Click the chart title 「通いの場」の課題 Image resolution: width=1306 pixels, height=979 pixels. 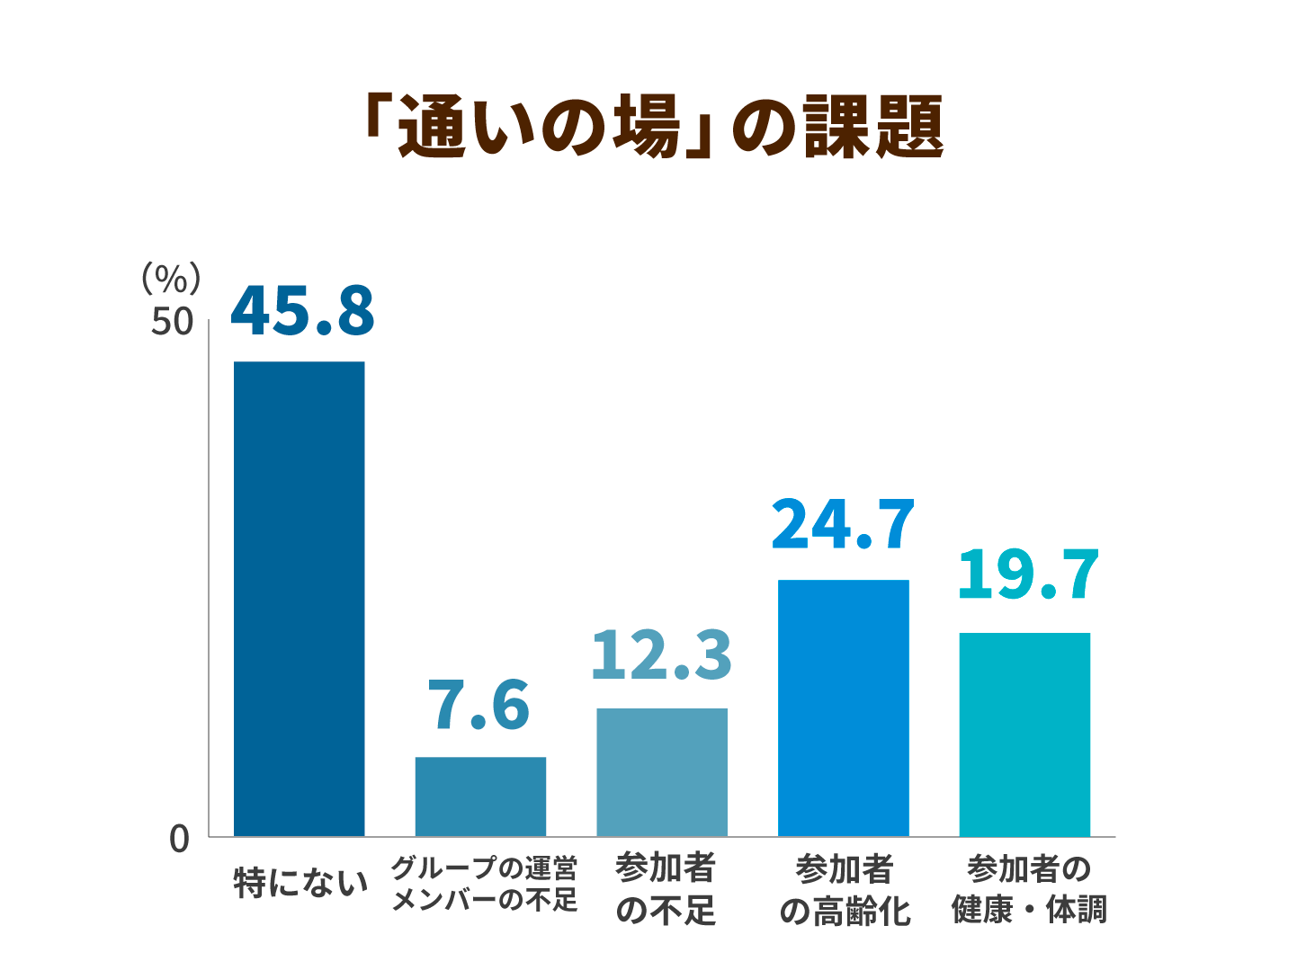[x=652, y=127]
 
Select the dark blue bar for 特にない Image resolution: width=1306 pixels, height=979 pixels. [x=299, y=599]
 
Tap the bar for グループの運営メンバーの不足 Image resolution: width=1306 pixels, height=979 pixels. [x=480, y=797]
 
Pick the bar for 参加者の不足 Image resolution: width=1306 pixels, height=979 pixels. [x=662, y=772]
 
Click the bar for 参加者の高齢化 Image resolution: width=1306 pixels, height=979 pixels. [x=843, y=708]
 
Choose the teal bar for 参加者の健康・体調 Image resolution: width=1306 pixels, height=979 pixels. [x=1024, y=734]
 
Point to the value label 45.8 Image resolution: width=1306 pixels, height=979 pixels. [x=302, y=311]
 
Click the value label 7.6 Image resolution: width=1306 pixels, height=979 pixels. [x=479, y=706]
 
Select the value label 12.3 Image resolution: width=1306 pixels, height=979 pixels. [x=661, y=654]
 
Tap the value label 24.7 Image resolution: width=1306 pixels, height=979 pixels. [x=843, y=525]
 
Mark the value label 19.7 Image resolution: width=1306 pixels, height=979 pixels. [x=1027, y=576]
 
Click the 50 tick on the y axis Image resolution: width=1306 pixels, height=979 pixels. [x=172, y=322]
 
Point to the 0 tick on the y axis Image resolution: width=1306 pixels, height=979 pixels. [x=180, y=839]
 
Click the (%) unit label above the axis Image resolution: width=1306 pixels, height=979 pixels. [x=171, y=279]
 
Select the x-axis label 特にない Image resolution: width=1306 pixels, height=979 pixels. [x=300, y=882]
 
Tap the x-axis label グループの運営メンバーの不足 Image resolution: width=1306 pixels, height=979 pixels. [x=484, y=884]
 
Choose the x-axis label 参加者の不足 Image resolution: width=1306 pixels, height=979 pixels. [x=665, y=889]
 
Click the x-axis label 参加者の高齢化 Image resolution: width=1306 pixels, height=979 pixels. [x=845, y=890]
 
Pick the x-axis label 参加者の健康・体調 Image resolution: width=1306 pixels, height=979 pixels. [x=1029, y=889]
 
